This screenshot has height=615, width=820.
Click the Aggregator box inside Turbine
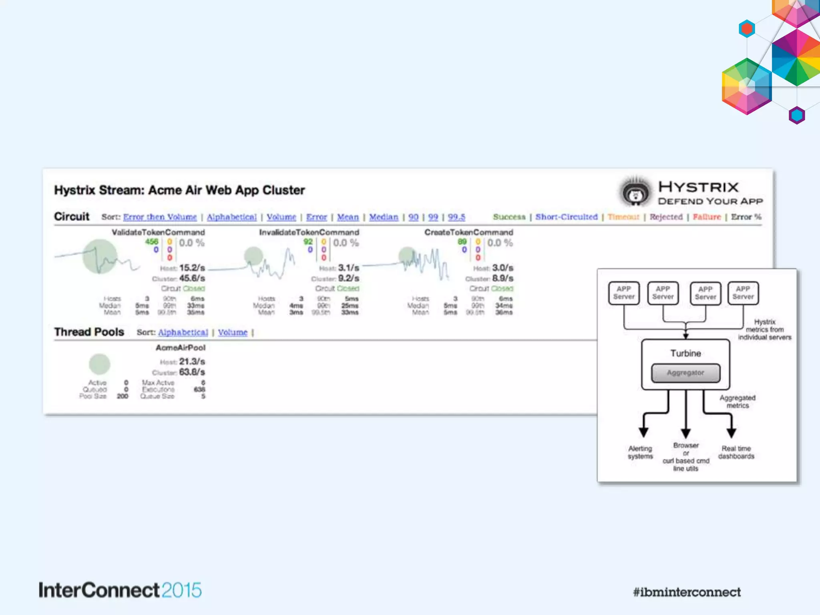point(685,373)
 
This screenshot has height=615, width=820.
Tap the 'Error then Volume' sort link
point(160,217)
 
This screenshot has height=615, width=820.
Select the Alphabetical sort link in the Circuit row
point(231,217)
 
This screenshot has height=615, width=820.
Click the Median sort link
point(384,217)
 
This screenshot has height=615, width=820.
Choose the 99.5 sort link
point(456,217)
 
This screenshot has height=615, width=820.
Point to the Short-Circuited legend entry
point(566,217)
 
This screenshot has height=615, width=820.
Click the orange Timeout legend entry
point(623,217)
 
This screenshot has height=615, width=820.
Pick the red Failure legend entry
point(707,217)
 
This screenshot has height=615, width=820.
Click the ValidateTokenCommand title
point(158,232)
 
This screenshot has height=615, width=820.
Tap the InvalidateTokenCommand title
point(309,232)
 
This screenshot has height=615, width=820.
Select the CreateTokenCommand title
point(468,232)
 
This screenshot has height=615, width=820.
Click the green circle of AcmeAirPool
point(99,364)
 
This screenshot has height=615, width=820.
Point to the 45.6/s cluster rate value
point(192,278)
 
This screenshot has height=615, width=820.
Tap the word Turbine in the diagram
point(685,353)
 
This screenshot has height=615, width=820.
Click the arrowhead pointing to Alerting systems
point(643,432)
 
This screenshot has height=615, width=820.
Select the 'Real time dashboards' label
point(736,452)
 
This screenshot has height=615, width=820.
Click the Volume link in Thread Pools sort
point(233,332)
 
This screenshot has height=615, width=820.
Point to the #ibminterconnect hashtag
point(687,592)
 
